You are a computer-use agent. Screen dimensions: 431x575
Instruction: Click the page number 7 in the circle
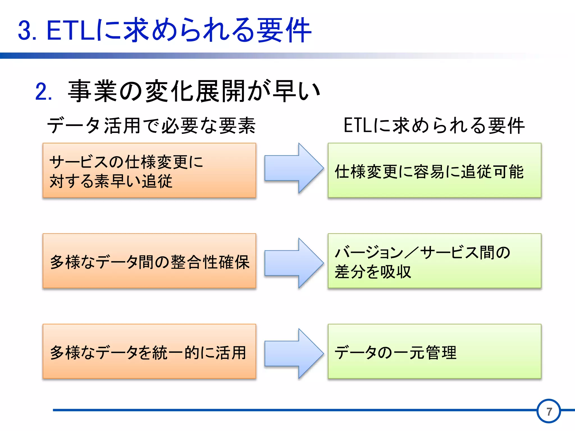tap(549, 411)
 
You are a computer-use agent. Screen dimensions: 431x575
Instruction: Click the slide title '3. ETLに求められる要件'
tap(165, 30)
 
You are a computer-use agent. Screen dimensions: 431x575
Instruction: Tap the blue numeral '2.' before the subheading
tap(44, 92)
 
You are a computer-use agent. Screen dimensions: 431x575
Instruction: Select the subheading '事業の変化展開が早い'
tap(194, 91)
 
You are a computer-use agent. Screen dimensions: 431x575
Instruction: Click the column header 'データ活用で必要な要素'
tap(151, 125)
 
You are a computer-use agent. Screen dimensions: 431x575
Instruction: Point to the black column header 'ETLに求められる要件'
tap(434, 125)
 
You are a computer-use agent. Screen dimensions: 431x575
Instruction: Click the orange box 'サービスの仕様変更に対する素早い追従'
tap(149, 171)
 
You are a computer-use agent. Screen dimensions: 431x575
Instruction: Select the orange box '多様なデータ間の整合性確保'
tap(149, 261)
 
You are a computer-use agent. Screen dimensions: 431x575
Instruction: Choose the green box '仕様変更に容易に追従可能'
tap(434, 171)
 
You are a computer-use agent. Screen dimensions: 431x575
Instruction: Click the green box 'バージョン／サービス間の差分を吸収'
tap(434, 261)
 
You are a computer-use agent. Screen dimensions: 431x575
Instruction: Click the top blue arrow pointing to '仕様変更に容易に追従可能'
tap(294, 168)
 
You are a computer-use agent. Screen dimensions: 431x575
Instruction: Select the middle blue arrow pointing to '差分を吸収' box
tap(294, 263)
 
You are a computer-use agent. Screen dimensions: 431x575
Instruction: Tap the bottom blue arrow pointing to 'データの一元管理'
tap(294, 354)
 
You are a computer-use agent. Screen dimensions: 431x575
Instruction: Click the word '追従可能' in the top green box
tap(492, 172)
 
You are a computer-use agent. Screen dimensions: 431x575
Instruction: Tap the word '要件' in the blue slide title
tap(284, 30)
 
